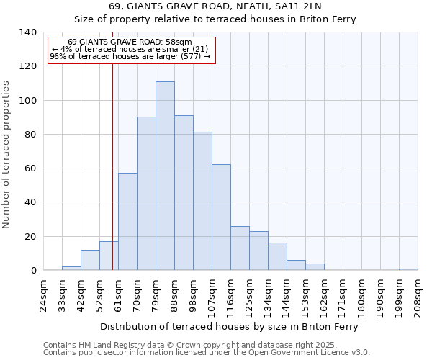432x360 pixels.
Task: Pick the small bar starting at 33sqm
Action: pos(71,269)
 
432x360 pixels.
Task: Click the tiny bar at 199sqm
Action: pos(408,269)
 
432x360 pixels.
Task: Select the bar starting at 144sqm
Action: pos(296,265)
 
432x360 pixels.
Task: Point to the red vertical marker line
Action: pos(112,180)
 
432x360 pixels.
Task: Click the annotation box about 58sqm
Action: pos(130,50)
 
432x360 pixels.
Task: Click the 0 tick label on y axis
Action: pos(33,271)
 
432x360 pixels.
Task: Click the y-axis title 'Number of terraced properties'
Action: pos(6,154)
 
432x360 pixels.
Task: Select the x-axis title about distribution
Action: pos(228,326)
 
